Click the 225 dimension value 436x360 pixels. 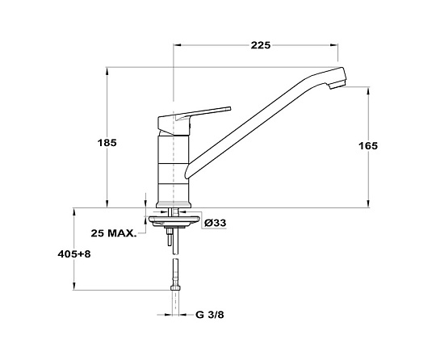(x=261, y=45)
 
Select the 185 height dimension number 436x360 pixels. (x=107, y=143)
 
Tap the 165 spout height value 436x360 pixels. (x=368, y=145)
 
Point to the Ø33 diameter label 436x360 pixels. (x=215, y=223)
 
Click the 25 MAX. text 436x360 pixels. (x=114, y=233)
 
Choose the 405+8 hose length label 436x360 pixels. (x=74, y=254)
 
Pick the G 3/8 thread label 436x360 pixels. (x=210, y=315)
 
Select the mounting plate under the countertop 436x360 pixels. (x=174, y=220)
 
